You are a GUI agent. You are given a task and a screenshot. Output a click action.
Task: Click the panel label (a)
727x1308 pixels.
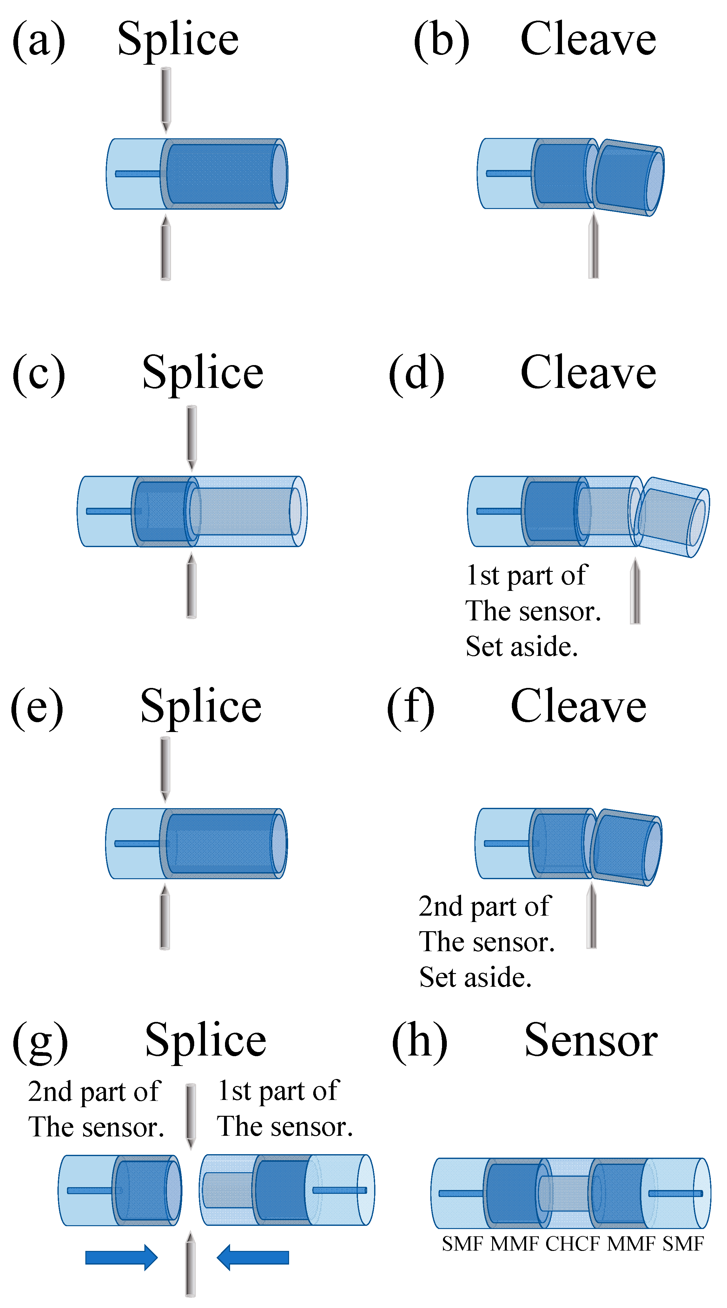point(39,41)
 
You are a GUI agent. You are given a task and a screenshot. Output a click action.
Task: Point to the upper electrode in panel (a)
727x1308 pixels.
point(166,99)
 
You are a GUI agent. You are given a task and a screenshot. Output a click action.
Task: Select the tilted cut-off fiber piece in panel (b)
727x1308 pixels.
point(629,178)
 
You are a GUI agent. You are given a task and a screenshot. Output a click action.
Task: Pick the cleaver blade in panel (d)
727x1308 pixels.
point(635,592)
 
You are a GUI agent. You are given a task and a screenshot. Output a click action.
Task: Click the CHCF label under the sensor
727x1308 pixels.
point(572,1244)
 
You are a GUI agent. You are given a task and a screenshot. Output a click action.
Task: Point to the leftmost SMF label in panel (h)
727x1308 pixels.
point(462,1244)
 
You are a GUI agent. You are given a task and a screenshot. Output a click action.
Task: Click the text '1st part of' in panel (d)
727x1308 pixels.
point(526,576)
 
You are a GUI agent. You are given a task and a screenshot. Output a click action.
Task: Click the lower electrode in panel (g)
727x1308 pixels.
point(190,1264)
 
